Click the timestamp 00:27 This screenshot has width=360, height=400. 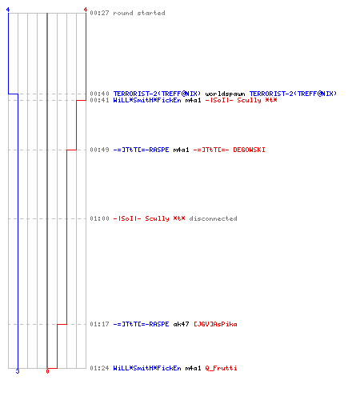coord(99,13)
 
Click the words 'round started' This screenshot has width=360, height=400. coord(139,13)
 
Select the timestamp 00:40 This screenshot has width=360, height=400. coord(99,94)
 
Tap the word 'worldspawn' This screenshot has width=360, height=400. coord(225,94)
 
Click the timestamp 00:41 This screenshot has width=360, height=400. coord(99,100)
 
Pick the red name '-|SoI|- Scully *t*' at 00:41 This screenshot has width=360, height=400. coord(241,100)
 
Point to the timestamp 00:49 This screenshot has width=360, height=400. coord(99,150)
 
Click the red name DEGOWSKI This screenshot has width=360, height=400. coord(249,150)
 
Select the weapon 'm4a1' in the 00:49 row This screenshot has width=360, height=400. coord(181,150)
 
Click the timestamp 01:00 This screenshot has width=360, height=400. coord(99,218)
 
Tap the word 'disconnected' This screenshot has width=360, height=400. coord(213,218)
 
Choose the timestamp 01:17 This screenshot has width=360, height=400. coord(99,324)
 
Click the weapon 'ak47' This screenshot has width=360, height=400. coord(181,324)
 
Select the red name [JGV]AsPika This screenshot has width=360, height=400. coord(215,324)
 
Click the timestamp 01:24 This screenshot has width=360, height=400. coord(99,368)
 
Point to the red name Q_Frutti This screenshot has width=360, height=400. coord(221,368)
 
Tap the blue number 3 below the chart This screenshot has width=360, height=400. coord(18,371)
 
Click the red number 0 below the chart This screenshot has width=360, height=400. coord(47,371)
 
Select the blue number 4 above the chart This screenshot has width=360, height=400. coord(8,10)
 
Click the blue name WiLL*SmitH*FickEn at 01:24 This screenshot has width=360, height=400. coord(147,368)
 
